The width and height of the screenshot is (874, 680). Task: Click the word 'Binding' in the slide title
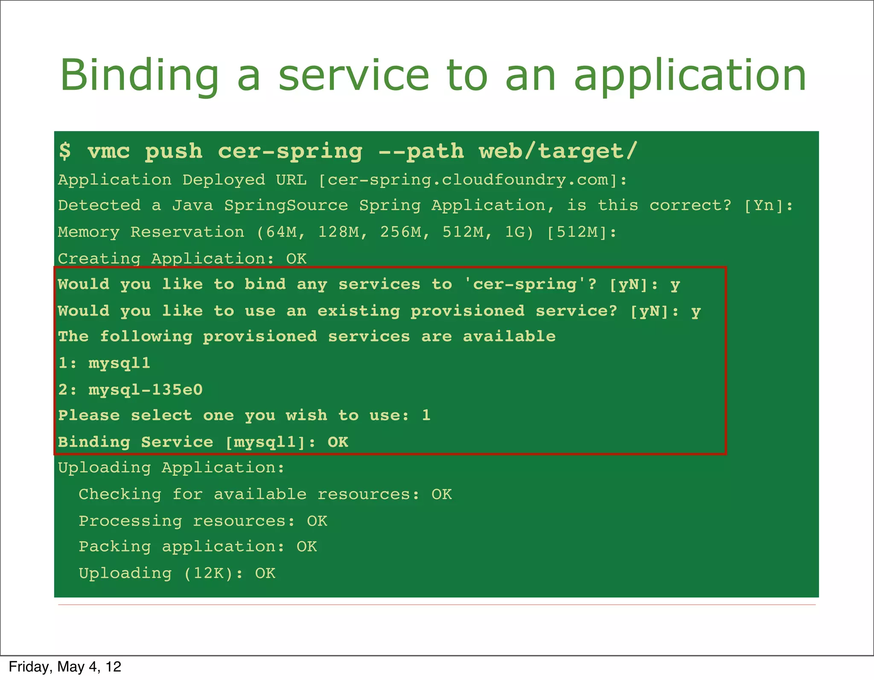139,76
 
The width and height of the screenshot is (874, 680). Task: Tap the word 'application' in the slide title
690,76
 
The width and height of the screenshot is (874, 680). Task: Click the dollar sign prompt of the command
65,151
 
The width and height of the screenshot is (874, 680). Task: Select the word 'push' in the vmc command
174,152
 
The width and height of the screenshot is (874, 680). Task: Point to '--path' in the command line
421,152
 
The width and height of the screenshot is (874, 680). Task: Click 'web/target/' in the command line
558,151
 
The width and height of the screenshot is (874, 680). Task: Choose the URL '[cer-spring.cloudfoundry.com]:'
472,180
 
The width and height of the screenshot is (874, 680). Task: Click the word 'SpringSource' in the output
286,206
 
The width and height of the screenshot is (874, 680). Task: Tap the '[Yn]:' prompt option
768,206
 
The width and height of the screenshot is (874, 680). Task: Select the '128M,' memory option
342,232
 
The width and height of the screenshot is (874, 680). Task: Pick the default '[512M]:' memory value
581,232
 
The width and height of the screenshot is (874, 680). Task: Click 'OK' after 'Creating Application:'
296,259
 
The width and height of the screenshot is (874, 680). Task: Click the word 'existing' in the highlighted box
358,311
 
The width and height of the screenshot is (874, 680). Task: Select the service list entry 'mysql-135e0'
146,390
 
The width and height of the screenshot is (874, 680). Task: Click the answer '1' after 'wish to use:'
426,415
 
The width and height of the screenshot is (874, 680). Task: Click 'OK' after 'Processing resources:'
317,521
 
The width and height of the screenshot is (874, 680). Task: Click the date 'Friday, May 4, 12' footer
65,667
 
